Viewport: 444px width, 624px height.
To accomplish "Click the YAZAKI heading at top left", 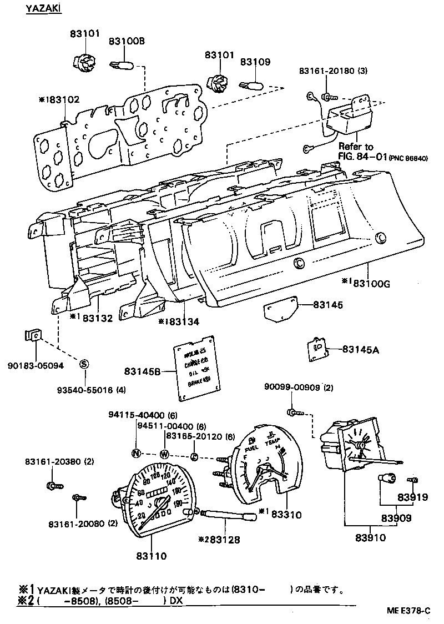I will (43, 11).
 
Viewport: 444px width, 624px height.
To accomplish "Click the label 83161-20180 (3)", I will (333, 71).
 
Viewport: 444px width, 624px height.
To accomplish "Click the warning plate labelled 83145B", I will (195, 368).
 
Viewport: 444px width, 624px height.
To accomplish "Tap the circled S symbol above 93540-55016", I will (84, 364).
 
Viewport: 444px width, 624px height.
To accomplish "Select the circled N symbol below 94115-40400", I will (136, 453).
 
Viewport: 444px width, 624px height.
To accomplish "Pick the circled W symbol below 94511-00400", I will (164, 454).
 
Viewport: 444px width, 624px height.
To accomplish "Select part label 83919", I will (412, 497).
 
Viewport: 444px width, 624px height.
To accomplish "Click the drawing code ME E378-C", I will (408, 610).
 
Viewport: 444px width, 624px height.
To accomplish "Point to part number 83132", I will (99, 318).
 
